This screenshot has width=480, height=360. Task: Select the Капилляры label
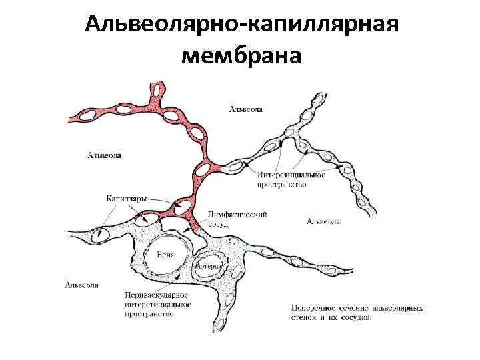tap(127, 198)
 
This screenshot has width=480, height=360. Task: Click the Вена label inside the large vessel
tap(165, 255)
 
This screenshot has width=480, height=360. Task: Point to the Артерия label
tap(208, 265)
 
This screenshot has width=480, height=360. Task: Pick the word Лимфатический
tap(238, 215)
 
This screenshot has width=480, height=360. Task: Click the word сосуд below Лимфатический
tap(219, 225)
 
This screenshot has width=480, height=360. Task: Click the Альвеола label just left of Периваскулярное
tap(82, 285)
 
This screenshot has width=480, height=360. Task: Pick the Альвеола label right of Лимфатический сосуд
tap(323, 221)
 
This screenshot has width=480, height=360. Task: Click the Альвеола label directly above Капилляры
tap(105, 156)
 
